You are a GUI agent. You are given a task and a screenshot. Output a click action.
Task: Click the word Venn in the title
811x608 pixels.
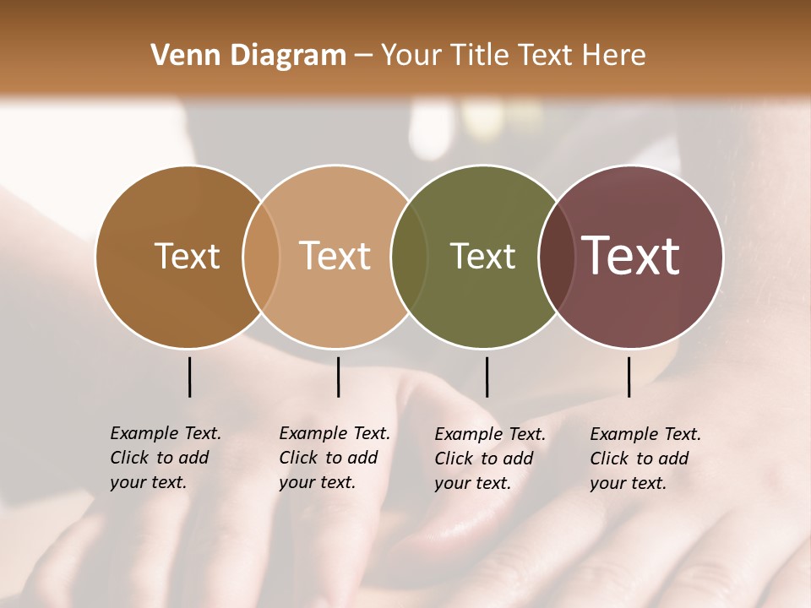[179, 56]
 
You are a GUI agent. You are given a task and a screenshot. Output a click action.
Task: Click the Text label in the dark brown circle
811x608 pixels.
[187, 257]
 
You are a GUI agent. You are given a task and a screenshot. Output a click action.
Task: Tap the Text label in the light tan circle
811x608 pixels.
[335, 257]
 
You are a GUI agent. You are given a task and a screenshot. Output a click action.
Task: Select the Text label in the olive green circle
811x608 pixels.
[482, 257]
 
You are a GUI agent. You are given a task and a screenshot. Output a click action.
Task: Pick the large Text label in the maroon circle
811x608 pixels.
[630, 256]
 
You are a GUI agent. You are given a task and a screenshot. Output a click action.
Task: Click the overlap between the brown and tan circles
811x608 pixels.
[261, 257]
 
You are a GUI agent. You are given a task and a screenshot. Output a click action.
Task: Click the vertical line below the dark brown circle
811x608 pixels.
[189, 377]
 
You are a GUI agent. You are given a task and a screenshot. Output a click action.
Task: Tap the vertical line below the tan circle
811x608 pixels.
[338, 377]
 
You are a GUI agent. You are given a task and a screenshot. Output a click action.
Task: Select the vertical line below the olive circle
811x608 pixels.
[487, 377]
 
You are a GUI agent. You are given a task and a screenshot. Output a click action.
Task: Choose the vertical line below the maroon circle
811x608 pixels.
[629, 377]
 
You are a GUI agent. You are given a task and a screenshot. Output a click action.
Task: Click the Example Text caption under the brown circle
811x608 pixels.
[165, 458]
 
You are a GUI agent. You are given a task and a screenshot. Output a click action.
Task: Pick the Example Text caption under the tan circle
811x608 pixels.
[334, 458]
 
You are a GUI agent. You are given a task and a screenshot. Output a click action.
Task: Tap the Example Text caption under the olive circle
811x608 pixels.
[489, 459]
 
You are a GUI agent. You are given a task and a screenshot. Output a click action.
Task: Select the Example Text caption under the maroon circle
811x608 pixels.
[645, 459]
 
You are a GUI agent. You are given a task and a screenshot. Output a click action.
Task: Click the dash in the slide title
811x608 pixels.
[363, 57]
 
